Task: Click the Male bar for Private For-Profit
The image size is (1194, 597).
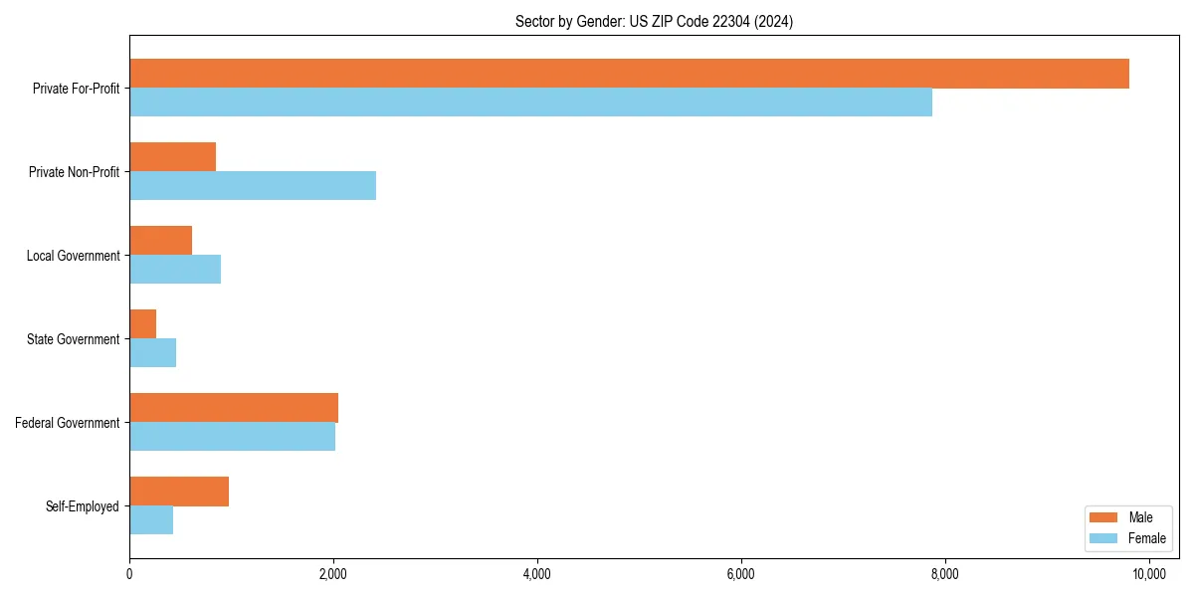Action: pyautogui.click(x=629, y=74)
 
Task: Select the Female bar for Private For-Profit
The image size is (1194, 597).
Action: pyautogui.click(x=530, y=102)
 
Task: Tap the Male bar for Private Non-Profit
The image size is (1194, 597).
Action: pyautogui.click(x=172, y=157)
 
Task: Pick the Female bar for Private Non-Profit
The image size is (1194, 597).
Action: pyautogui.click(x=253, y=186)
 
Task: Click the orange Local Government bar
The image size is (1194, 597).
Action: pyautogui.click(x=160, y=241)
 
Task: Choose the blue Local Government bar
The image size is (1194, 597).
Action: pyautogui.click(x=175, y=270)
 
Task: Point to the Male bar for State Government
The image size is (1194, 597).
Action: pyautogui.click(x=142, y=324)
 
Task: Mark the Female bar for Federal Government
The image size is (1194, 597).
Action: pyautogui.click(x=232, y=437)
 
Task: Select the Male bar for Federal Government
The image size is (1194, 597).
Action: pyautogui.click(x=234, y=408)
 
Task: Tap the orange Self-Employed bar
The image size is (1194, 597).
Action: pyautogui.click(x=179, y=492)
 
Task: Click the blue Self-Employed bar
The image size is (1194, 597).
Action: pyautogui.click(x=151, y=520)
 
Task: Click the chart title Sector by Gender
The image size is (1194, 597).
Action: pyautogui.click(x=654, y=21)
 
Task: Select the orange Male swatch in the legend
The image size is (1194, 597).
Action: pyautogui.click(x=1104, y=517)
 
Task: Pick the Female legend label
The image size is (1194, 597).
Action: pyautogui.click(x=1147, y=538)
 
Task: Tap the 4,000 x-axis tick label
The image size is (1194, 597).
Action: pyautogui.click(x=537, y=574)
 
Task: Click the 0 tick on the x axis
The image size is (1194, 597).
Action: pyautogui.click(x=129, y=574)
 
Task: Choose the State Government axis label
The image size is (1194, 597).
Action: pyautogui.click(x=74, y=339)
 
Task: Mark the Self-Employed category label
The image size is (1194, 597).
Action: pyautogui.click(x=83, y=506)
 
